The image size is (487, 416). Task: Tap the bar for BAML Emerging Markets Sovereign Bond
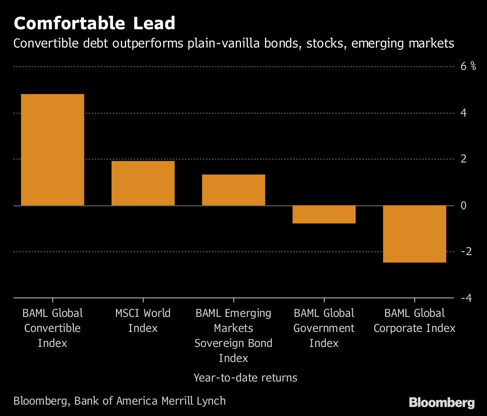tap(233, 190)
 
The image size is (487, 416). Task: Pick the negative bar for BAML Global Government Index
tap(324, 214)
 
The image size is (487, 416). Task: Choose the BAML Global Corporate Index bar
tap(414, 234)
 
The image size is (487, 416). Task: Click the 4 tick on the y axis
tap(463, 113)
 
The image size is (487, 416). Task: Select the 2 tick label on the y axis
tap(463, 159)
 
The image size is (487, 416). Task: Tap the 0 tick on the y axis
tap(463, 205)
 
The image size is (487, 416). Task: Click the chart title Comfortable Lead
tap(94, 24)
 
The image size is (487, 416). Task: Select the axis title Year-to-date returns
tap(245, 378)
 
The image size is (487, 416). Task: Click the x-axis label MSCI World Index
tap(143, 321)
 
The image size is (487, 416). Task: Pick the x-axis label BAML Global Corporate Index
tap(414, 321)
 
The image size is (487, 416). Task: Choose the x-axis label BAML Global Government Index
tap(324, 328)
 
